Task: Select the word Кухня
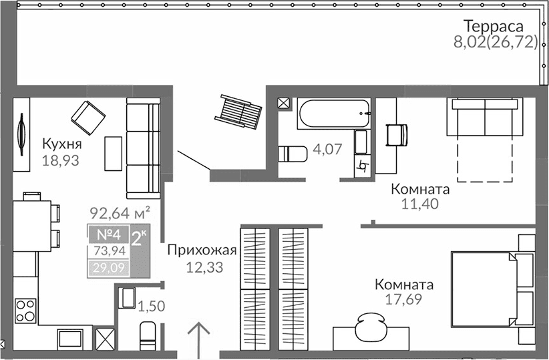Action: click(x=61, y=145)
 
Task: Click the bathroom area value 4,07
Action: click(x=328, y=150)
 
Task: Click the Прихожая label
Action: click(x=202, y=251)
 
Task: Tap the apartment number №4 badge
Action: click(x=108, y=235)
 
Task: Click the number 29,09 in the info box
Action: click(x=108, y=270)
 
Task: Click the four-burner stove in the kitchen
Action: click(x=25, y=311)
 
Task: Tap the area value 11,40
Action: click(x=419, y=204)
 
